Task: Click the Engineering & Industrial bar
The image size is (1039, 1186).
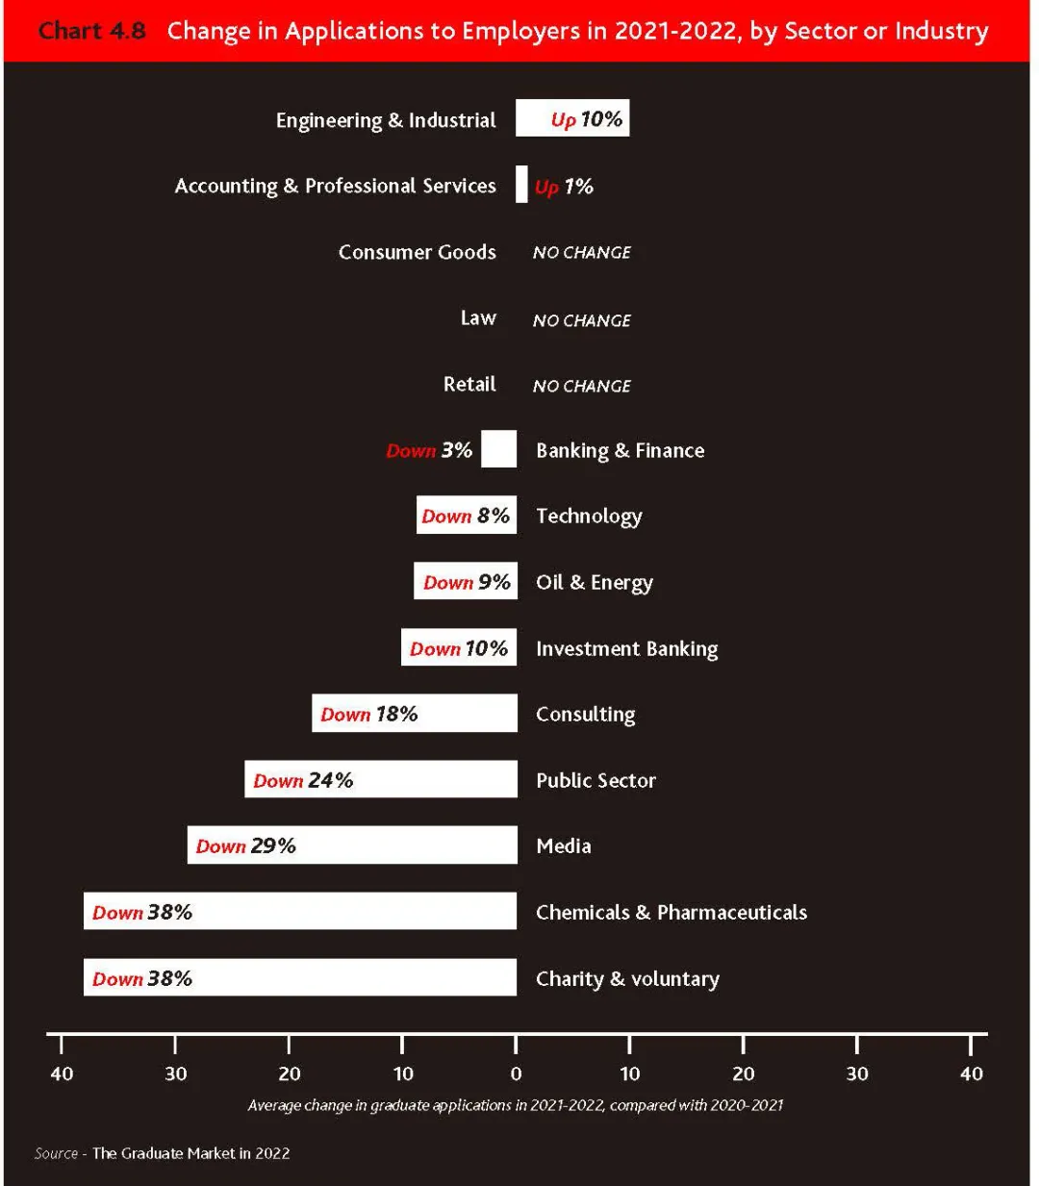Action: pos(572,118)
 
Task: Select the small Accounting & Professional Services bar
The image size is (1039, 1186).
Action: pos(521,185)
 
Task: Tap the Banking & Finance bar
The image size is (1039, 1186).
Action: pos(498,448)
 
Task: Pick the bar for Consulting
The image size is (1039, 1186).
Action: pos(415,713)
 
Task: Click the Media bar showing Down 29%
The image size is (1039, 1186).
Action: pos(352,845)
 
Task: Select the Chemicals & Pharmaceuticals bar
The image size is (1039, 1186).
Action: pos(300,911)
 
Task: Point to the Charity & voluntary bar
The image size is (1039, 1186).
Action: pos(300,977)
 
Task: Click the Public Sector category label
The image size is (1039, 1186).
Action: pos(596,780)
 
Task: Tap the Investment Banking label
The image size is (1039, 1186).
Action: pos(627,649)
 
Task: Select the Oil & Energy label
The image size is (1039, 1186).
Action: pos(595,583)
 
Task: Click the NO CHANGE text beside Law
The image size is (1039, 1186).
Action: pos(582,320)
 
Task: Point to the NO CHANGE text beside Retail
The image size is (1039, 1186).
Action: pos(582,386)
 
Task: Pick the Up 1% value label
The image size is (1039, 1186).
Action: pos(564,187)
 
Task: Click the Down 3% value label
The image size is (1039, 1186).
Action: pos(430,450)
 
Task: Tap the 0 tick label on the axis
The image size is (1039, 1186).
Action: pos(516,1074)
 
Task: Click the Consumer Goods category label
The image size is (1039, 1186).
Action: pos(418,252)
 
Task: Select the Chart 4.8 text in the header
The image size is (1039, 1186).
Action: pos(92,31)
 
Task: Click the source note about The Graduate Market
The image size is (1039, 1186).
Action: pos(163,1153)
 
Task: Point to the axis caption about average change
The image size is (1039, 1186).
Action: pos(516,1105)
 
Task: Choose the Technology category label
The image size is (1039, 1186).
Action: pos(589,517)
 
